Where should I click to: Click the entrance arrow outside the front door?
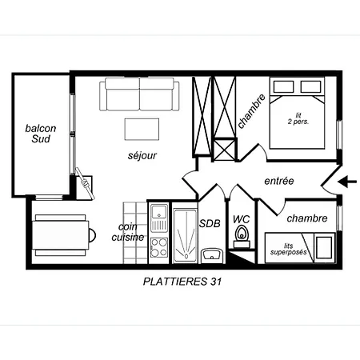pos(347,182)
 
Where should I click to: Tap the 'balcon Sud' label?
pos(41,134)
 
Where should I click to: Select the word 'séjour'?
pos(142,155)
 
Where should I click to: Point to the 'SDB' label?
pos(210,223)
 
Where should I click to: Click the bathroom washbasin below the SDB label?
pos(211,254)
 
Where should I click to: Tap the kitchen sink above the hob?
pos(159,218)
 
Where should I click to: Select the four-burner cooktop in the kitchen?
pos(159,248)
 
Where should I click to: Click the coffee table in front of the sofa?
pos(142,130)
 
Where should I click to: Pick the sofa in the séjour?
pos(139,94)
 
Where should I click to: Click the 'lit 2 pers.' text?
pos(298,119)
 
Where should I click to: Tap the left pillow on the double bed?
pos(283,87)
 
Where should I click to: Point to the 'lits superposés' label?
pos(288,250)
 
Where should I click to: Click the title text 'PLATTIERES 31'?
pos(182,282)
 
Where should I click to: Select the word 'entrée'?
pos(279,181)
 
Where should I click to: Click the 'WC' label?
pos(242,219)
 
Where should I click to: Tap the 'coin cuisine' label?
pos(128,232)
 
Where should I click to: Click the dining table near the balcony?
pos(62,235)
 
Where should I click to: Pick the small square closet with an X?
pos(225,150)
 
